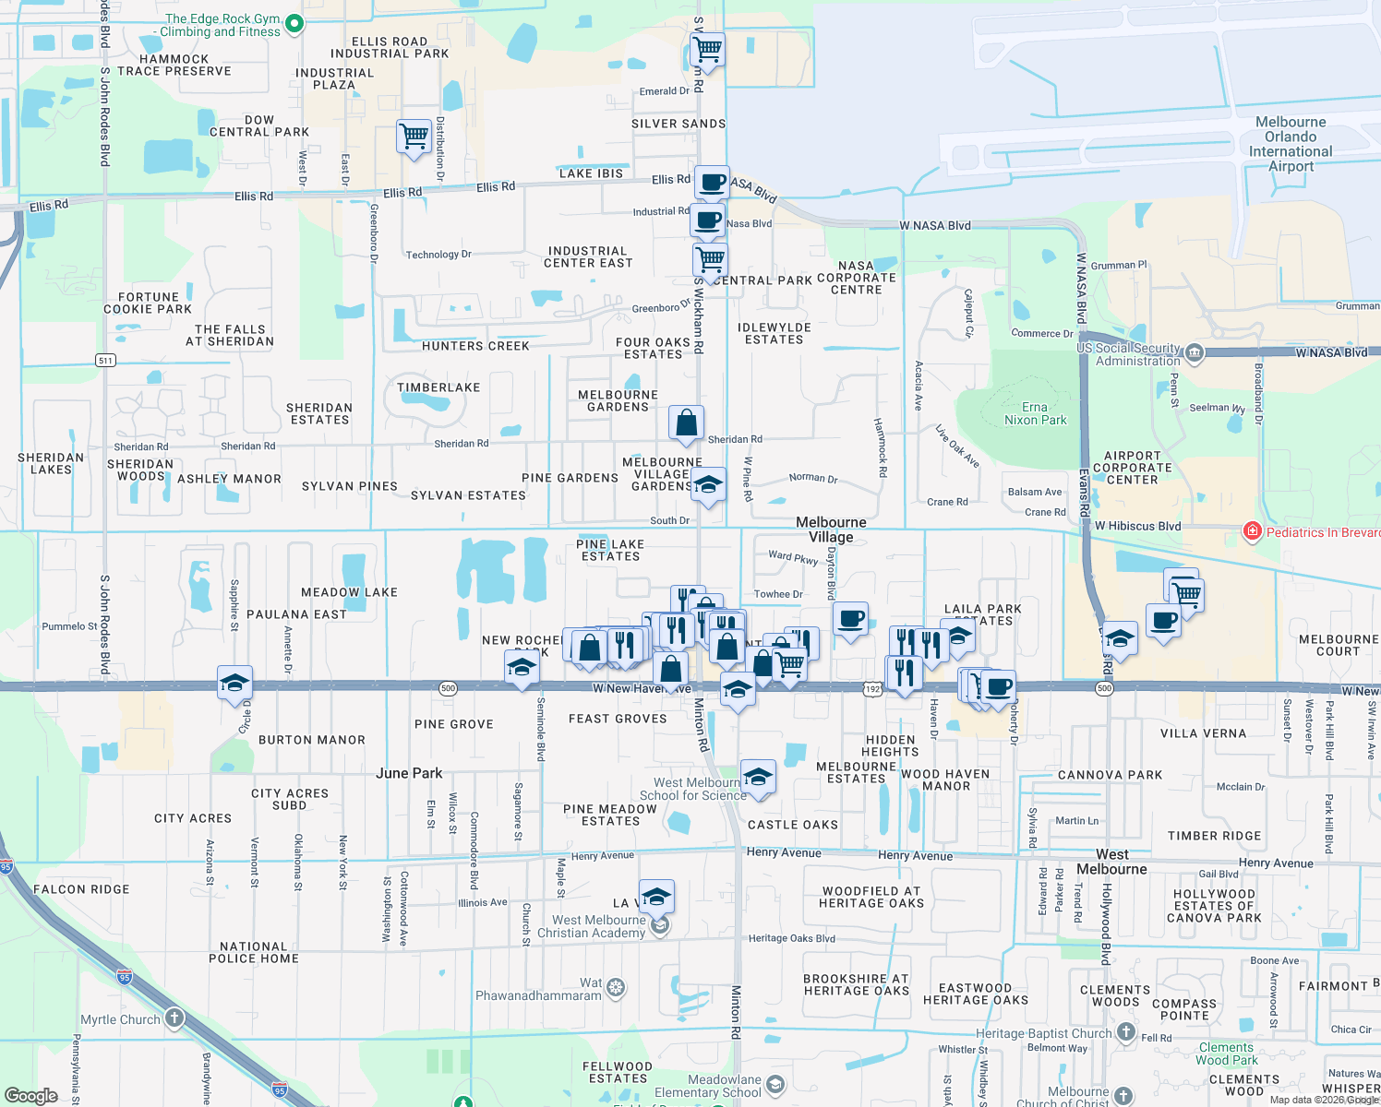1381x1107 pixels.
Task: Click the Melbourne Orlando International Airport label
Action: [1291, 144]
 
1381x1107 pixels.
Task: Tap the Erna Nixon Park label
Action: [1035, 413]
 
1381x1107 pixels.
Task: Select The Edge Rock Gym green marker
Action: [294, 23]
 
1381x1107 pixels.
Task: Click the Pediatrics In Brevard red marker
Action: [1252, 530]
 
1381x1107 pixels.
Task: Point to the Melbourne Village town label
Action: [831, 530]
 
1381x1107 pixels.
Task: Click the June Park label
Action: [409, 773]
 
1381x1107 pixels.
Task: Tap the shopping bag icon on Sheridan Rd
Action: [686, 423]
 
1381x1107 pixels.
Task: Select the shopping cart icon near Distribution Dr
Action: [414, 136]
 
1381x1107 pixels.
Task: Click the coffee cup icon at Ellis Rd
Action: [712, 182]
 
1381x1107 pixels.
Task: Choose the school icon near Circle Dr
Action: [234, 683]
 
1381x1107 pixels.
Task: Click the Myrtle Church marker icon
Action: [174, 1018]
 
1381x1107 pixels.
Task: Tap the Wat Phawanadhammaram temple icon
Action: [616, 989]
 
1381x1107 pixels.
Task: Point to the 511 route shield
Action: [105, 360]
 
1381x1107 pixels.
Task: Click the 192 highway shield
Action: [873, 689]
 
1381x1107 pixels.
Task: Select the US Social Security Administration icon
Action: [1194, 352]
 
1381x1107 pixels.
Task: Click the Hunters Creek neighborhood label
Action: [475, 346]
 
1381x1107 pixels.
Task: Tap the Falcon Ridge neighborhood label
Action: [81, 889]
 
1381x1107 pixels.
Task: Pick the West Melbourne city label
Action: [1111, 862]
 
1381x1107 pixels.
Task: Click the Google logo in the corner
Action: [30, 1096]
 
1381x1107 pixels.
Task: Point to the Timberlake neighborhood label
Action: [438, 387]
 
